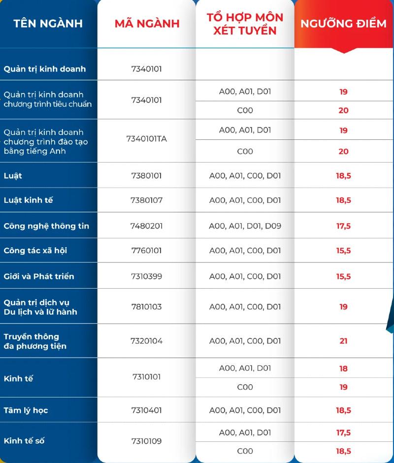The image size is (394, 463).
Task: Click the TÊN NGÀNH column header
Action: [48, 24]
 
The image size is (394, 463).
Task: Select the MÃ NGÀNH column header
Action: [147, 24]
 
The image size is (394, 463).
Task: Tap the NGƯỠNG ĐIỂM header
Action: [343, 24]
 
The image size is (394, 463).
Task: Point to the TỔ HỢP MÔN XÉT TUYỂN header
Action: [245, 24]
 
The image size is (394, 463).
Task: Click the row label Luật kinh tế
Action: [28, 200]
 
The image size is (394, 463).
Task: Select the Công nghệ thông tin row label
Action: [46, 226]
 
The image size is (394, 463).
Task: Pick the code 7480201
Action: [147, 226]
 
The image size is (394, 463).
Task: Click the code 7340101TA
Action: [147, 139]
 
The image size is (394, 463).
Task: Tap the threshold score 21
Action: [343, 341]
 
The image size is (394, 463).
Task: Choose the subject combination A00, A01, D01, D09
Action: [245, 226]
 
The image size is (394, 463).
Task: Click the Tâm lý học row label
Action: [26, 410]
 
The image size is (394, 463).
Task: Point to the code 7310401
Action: [147, 410]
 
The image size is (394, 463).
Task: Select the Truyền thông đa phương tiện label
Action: [35, 341]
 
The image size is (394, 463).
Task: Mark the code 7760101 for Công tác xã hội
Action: [147, 251]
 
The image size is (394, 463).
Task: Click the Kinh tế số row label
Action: [24, 441]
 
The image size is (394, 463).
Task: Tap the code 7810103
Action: [147, 306]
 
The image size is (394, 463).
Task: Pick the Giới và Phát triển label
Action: [39, 276]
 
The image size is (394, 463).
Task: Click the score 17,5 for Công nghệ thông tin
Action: [343, 226]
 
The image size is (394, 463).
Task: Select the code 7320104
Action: [147, 341]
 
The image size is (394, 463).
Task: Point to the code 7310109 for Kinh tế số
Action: [147, 441]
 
